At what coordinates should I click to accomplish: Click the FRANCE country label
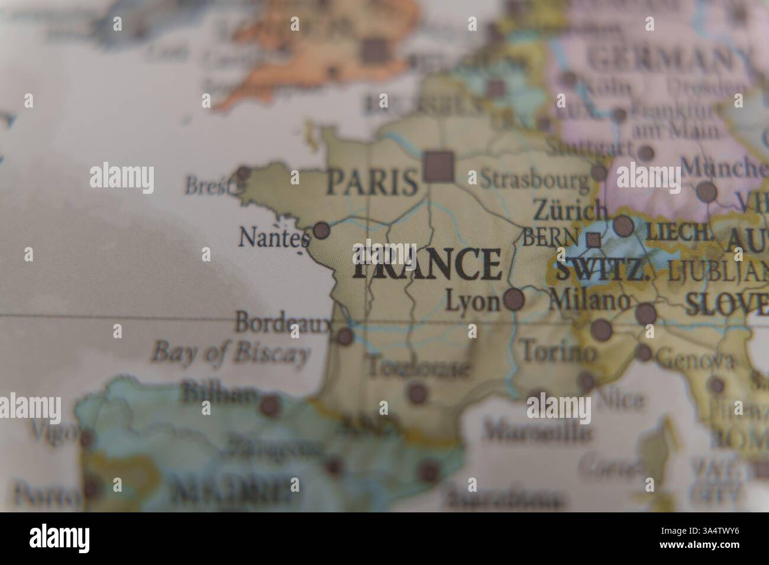427,264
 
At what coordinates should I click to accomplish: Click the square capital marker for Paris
440,165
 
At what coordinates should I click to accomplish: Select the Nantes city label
274,238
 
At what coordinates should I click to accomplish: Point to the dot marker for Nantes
321,230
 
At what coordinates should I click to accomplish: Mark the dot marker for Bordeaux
344,337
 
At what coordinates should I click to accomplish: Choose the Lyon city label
472,302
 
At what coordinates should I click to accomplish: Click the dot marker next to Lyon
514,300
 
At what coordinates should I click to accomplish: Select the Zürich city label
570,210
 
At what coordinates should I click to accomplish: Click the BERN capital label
550,237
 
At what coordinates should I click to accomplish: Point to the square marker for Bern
593,240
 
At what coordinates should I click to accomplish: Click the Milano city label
590,301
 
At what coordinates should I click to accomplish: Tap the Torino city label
557,352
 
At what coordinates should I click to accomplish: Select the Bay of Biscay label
231,353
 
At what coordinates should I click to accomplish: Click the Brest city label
206,185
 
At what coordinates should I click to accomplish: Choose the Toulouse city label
419,368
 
